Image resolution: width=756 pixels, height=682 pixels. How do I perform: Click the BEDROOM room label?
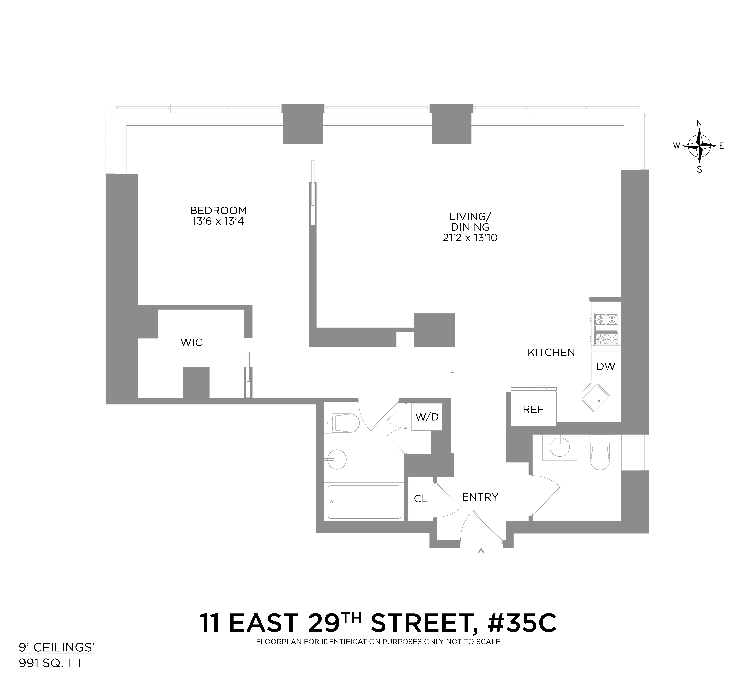pos(218,210)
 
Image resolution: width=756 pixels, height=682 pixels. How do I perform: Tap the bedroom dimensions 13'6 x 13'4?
pos(218,221)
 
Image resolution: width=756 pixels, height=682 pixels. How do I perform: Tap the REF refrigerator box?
pos(533,410)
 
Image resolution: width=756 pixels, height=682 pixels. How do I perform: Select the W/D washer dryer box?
pos(427,417)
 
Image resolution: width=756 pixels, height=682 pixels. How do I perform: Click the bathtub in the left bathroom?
pos(364,502)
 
